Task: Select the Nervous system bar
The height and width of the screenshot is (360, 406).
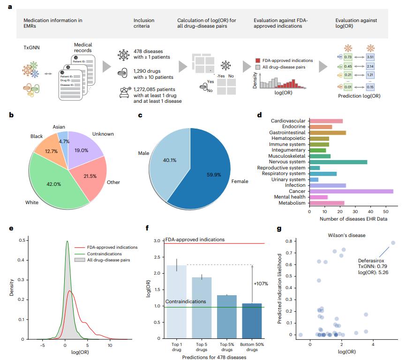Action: (338, 161)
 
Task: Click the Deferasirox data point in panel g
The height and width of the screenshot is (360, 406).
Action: (393, 243)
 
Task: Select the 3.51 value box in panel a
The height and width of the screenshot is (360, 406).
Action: (370, 57)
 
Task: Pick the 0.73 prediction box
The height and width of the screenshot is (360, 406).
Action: (348, 57)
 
